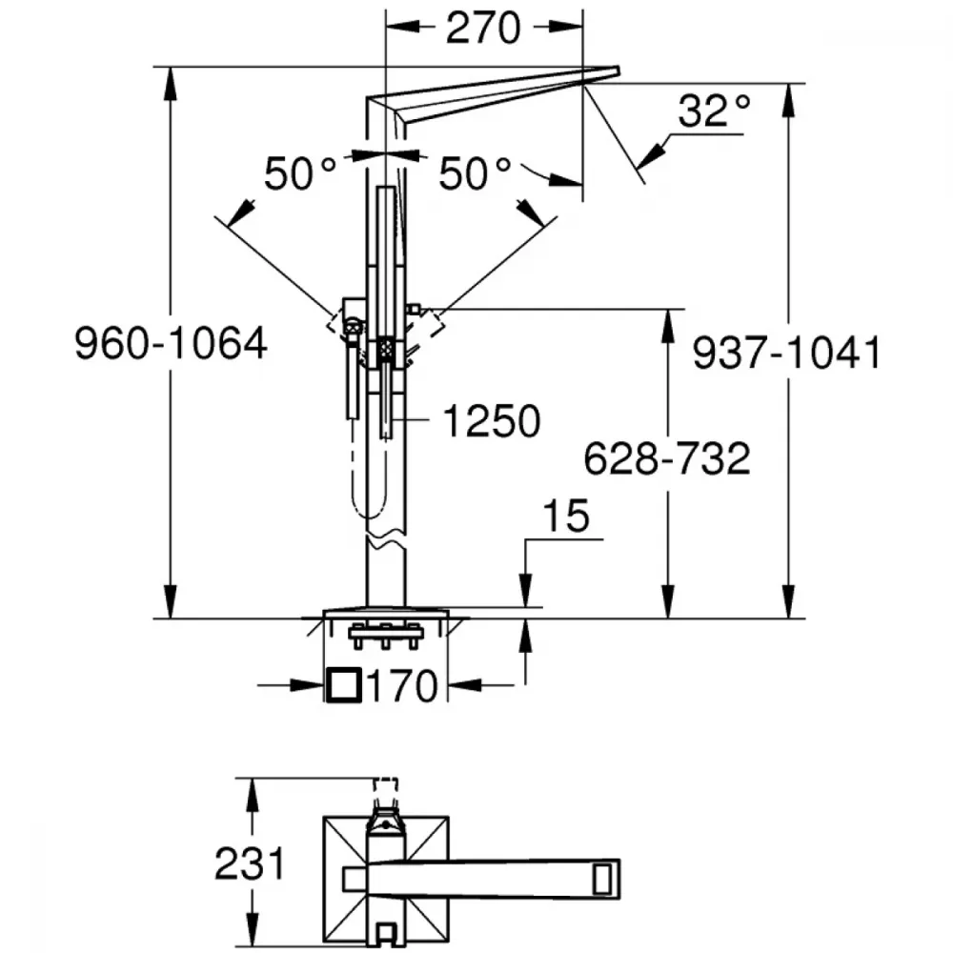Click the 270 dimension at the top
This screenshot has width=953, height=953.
click(x=483, y=28)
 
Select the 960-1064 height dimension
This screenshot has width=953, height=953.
click(x=171, y=344)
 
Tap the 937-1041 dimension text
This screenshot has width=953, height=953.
click(x=787, y=354)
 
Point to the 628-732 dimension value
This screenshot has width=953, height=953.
click(x=667, y=459)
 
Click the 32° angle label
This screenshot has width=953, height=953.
click(x=714, y=111)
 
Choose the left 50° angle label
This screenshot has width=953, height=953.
click(x=299, y=173)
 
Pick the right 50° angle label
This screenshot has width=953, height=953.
click(x=475, y=173)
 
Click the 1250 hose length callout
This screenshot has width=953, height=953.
click(x=492, y=421)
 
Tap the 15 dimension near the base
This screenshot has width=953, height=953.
click(x=566, y=516)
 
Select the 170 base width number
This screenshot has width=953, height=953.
click(x=402, y=686)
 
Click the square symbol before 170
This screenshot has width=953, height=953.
click(x=344, y=685)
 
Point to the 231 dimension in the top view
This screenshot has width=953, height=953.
click(x=250, y=863)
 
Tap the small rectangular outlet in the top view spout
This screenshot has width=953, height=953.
click(x=602, y=879)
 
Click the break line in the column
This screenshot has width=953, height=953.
click(x=386, y=539)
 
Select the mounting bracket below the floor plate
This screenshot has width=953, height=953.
click(x=385, y=636)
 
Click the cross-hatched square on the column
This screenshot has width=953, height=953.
click(x=387, y=350)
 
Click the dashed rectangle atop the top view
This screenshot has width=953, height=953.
click(x=385, y=789)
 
